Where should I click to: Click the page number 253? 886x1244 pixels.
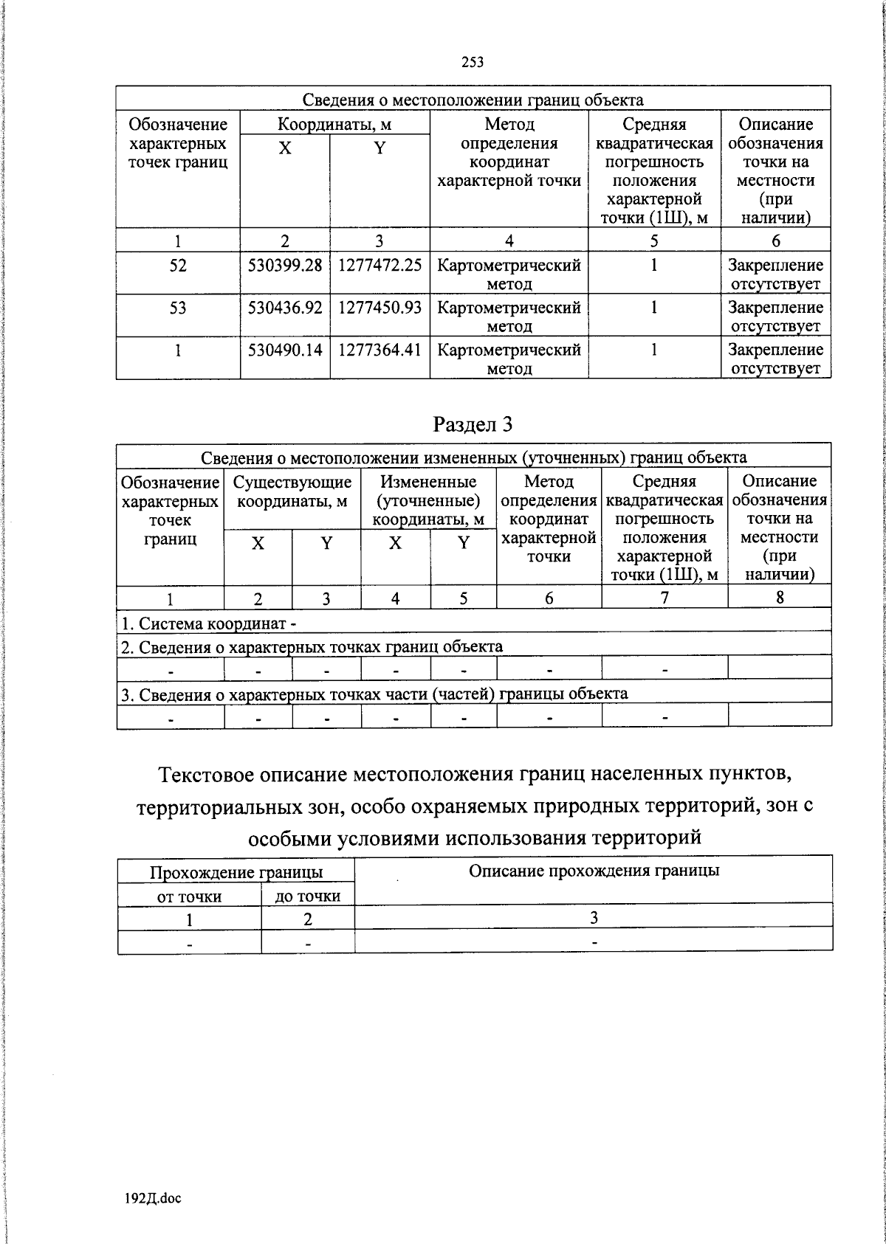pyautogui.click(x=472, y=63)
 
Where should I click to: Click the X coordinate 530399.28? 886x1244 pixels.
pyautogui.click(x=285, y=265)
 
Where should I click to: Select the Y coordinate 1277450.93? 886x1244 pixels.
pyautogui.click(x=380, y=307)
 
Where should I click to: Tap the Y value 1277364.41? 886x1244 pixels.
pyautogui.click(x=380, y=349)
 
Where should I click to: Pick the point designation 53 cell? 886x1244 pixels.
pyautogui.click(x=178, y=307)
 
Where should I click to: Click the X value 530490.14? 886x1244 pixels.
pyautogui.click(x=285, y=349)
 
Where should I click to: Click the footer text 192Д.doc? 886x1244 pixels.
pyautogui.click(x=152, y=1198)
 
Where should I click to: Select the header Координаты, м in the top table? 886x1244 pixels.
pyautogui.click(x=334, y=124)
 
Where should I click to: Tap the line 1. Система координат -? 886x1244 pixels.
pyautogui.click(x=209, y=624)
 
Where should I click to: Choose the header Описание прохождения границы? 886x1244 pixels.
pyautogui.click(x=594, y=871)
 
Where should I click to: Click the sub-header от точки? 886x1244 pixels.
pyautogui.click(x=190, y=896)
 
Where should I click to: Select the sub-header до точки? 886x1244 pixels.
pyautogui.click(x=308, y=896)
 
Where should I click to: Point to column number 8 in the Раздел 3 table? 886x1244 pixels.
pyautogui.click(x=780, y=598)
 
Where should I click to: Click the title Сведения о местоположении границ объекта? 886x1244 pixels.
pyautogui.click(x=473, y=100)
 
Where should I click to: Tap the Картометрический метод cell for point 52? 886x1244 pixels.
pyautogui.click(x=509, y=274)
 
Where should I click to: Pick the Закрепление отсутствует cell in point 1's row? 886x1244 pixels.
pyautogui.click(x=775, y=359)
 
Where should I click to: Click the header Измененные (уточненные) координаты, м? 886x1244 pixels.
pyautogui.click(x=428, y=501)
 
